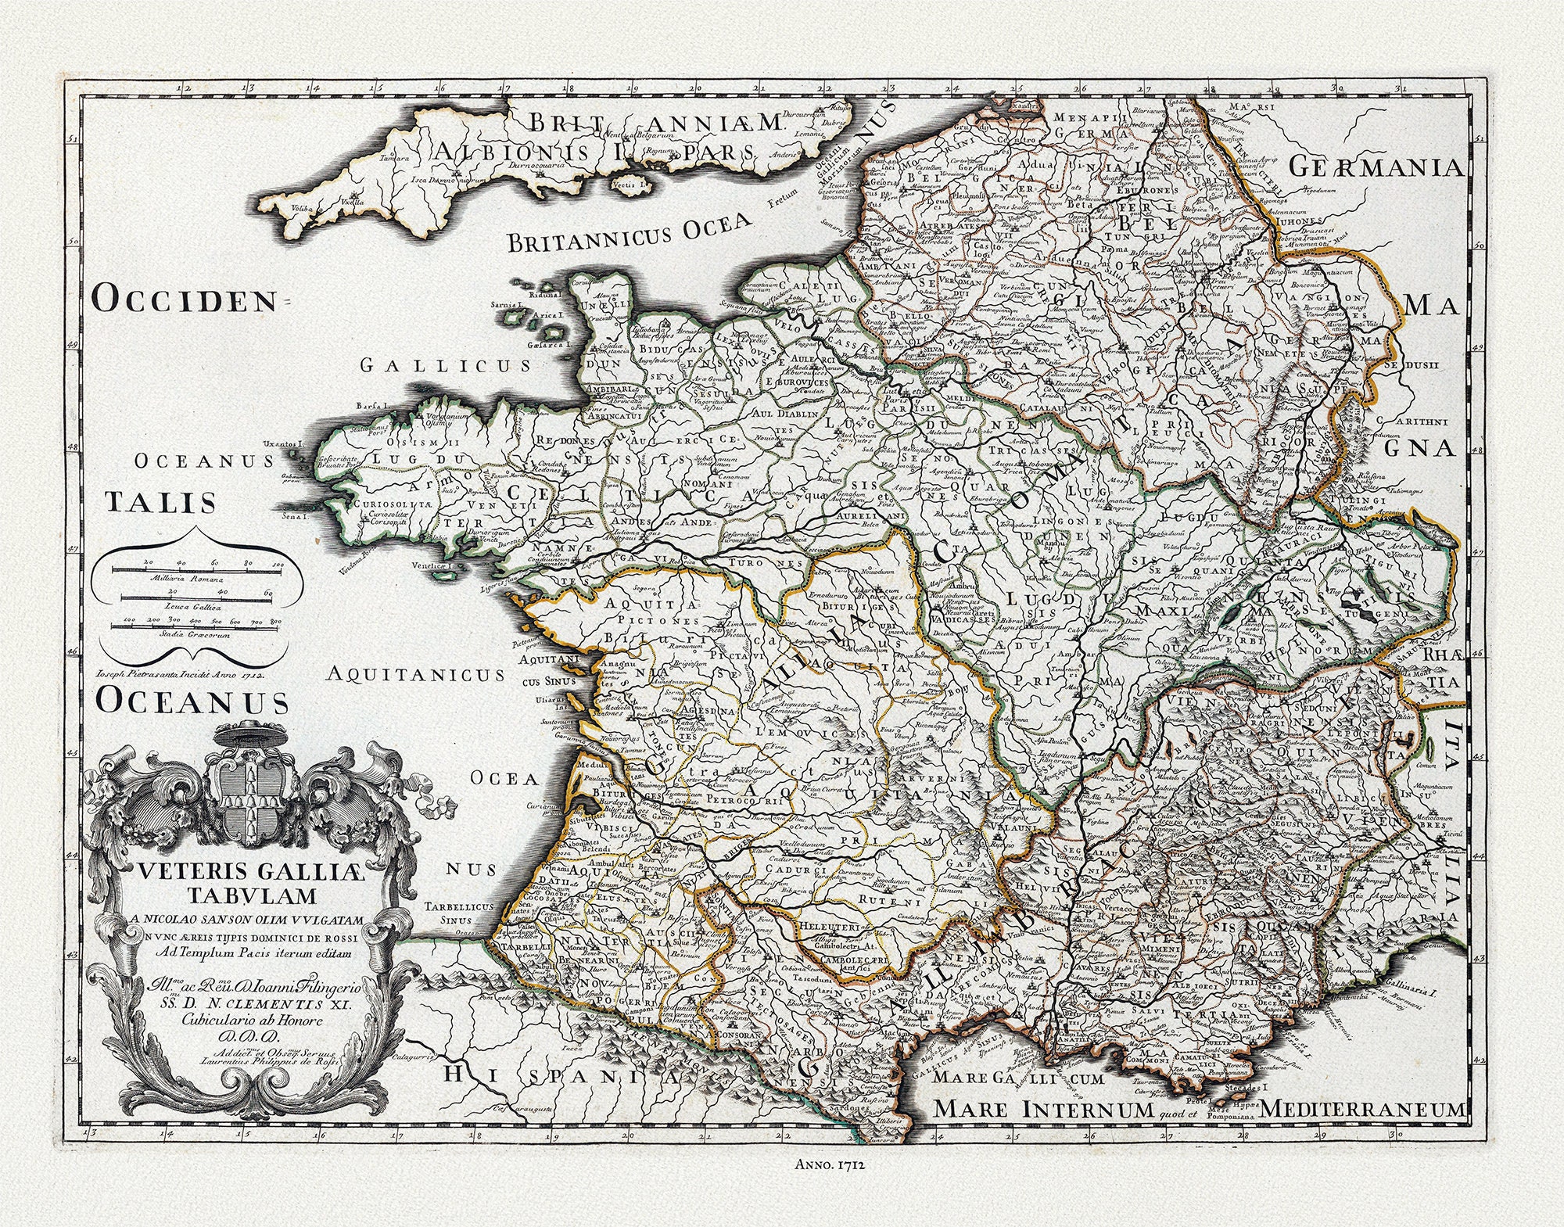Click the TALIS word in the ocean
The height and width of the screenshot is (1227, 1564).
pos(161,502)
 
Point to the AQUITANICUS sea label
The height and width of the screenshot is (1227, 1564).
pos(415,674)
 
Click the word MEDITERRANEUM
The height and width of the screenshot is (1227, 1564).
pos(1362,1109)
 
